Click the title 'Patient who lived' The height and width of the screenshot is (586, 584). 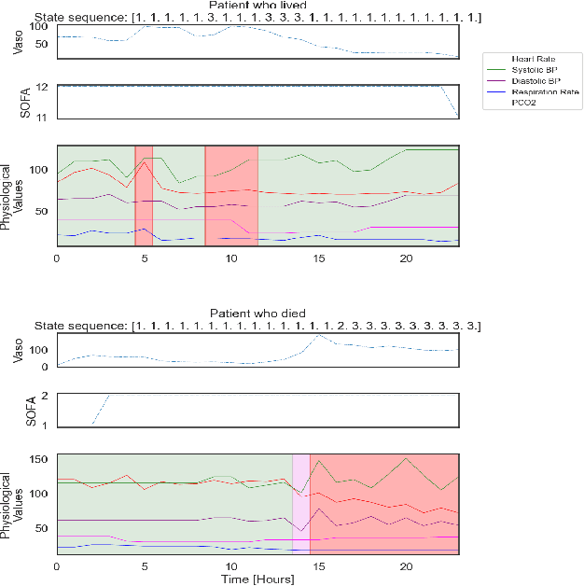coord(258,6)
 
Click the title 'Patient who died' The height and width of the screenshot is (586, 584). coord(258,313)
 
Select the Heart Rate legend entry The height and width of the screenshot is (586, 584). coord(534,58)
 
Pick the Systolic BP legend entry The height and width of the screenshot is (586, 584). coord(534,69)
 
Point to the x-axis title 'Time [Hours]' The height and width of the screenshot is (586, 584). coord(258,579)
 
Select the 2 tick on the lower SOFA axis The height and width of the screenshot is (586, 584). coord(47,396)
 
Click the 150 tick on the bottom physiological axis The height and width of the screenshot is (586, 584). coord(39,459)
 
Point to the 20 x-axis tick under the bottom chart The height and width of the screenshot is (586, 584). coord(406,565)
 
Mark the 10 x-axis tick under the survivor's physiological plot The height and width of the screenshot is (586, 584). coord(231,258)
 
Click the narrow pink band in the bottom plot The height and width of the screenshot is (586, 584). coord(300,504)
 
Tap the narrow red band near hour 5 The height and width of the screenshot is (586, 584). coord(144,196)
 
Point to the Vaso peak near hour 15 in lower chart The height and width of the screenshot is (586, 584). coord(319,335)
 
